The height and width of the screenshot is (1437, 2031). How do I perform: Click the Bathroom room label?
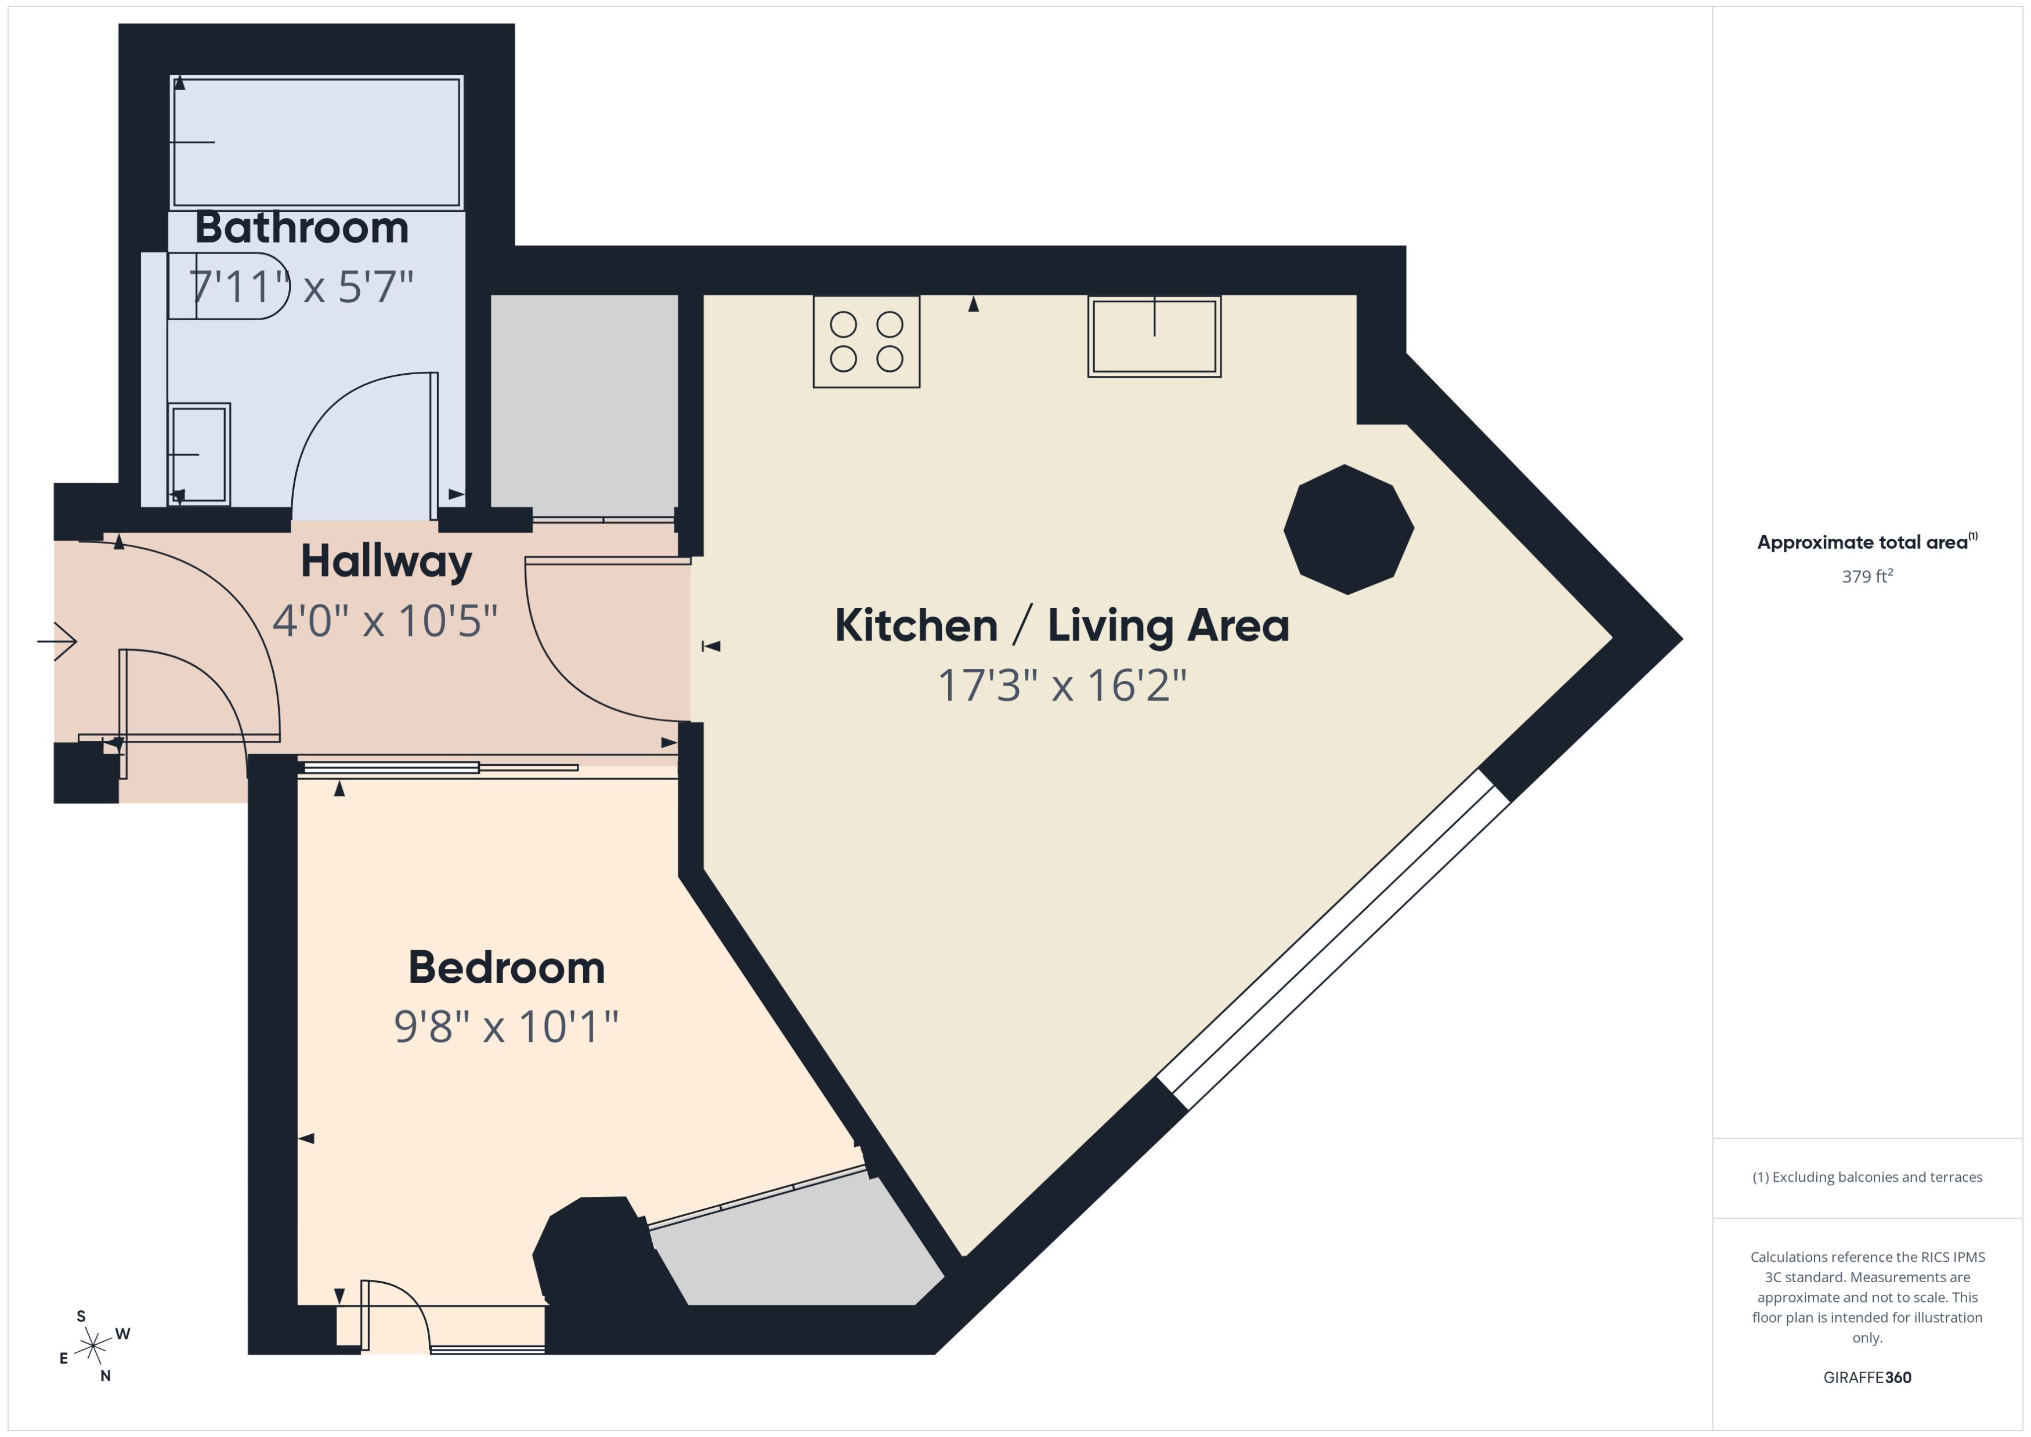[x=302, y=229]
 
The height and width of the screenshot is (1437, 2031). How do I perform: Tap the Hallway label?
[x=386, y=562]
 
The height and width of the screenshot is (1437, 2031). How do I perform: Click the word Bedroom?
[x=506, y=968]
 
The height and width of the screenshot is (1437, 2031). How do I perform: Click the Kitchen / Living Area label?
[x=1061, y=625]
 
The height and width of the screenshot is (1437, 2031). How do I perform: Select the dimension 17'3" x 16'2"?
[x=1061, y=686]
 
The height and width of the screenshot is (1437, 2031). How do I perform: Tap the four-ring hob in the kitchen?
[x=866, y=342]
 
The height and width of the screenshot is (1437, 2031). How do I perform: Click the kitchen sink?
[x=1154, y=337]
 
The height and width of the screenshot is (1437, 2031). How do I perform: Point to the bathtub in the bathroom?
[x=317, y=143]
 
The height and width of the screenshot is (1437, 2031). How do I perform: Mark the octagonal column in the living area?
[x=1348, y=529]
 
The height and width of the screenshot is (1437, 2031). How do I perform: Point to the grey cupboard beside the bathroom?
[x=584, y=406]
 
